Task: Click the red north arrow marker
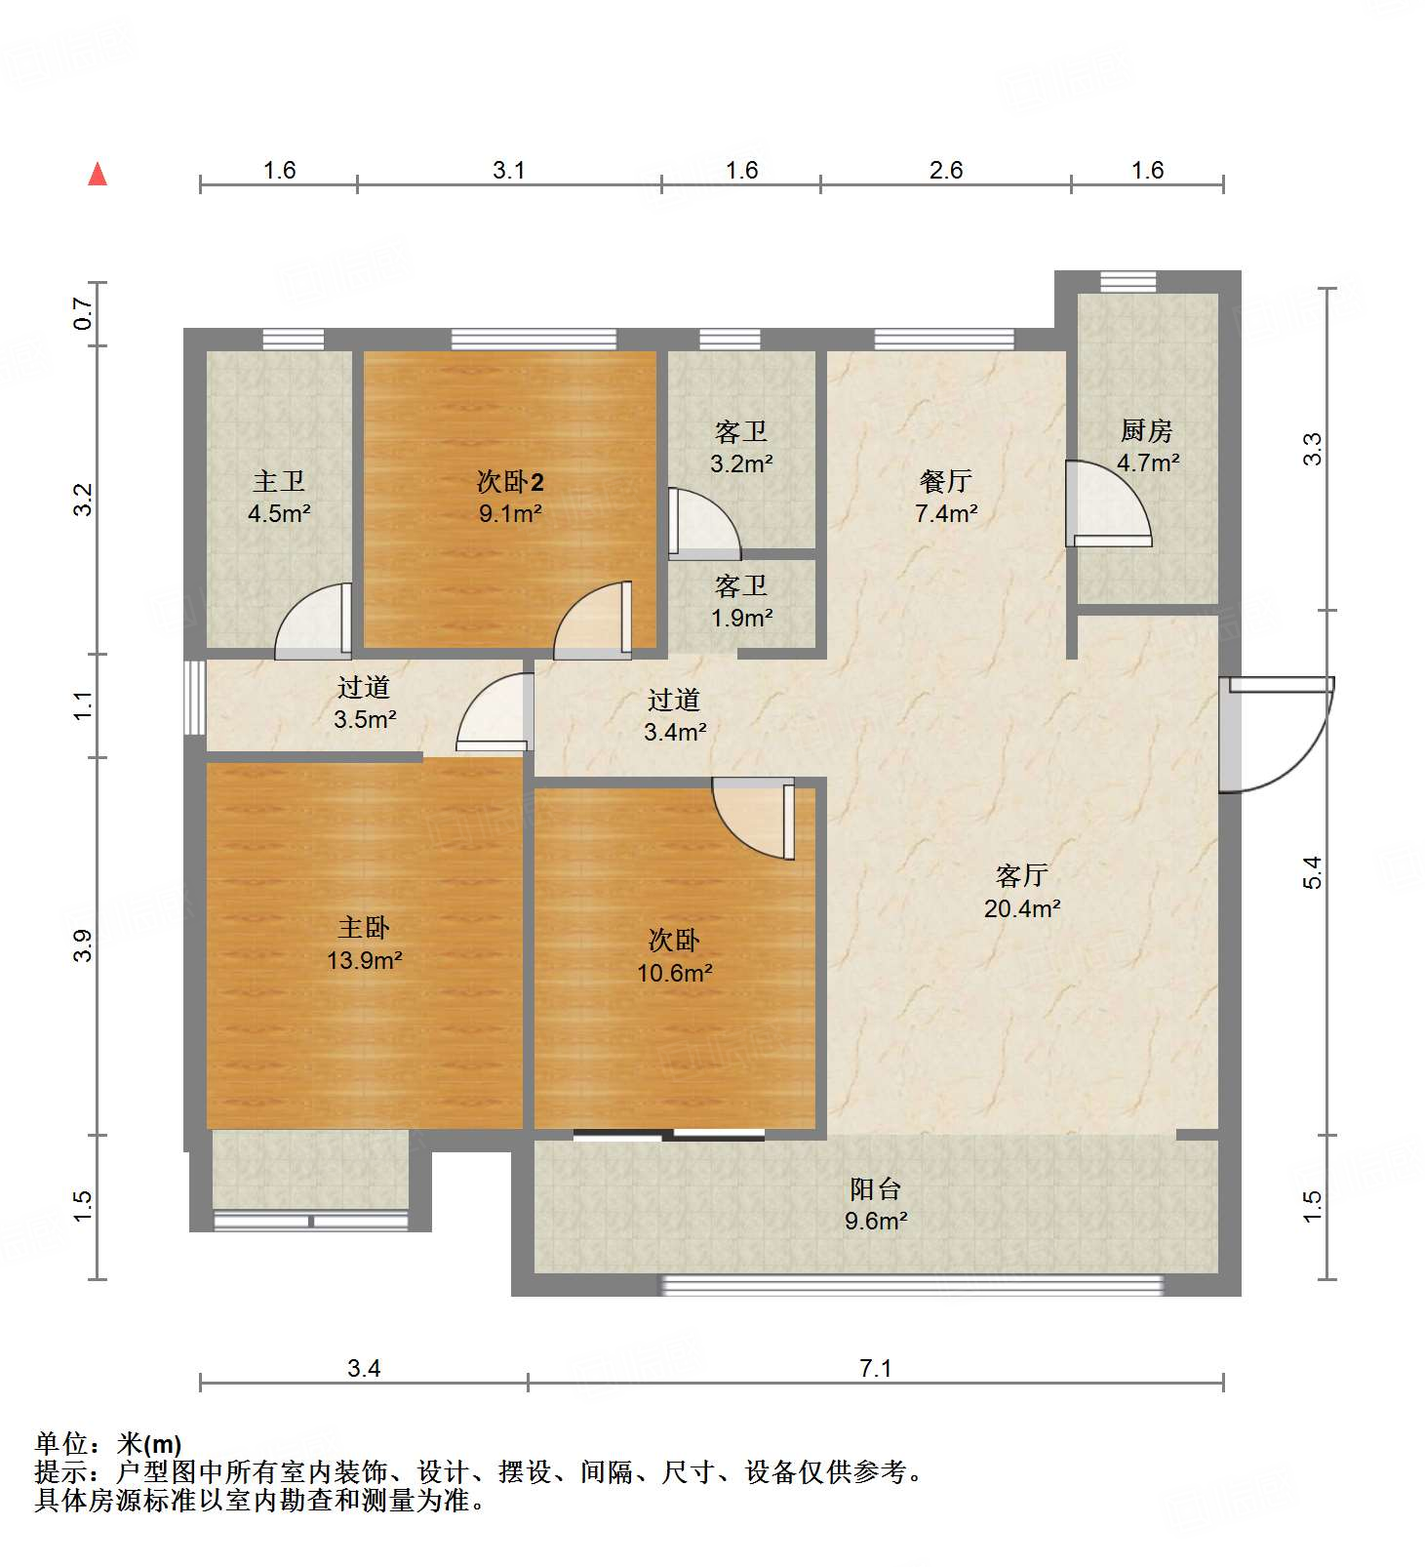[98, 175]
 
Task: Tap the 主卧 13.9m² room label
[364, 943]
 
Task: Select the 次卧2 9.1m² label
[510, 497]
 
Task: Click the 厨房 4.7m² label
[1147, 446]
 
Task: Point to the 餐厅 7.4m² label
[945, 497]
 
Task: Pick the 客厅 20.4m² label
[1021, 891]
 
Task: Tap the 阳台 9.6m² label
[875, 1204]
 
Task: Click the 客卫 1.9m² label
[741, 601]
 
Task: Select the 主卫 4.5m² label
[279, 497]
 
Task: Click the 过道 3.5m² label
[364, 703]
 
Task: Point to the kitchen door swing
[1107, 504]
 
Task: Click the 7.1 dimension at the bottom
[875, 1368]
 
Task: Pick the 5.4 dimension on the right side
[1312, 871]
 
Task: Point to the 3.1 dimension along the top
[508, 171]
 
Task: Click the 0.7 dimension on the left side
[83, 313]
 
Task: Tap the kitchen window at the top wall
[1128, 281]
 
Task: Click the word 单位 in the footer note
[60, 1443]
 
